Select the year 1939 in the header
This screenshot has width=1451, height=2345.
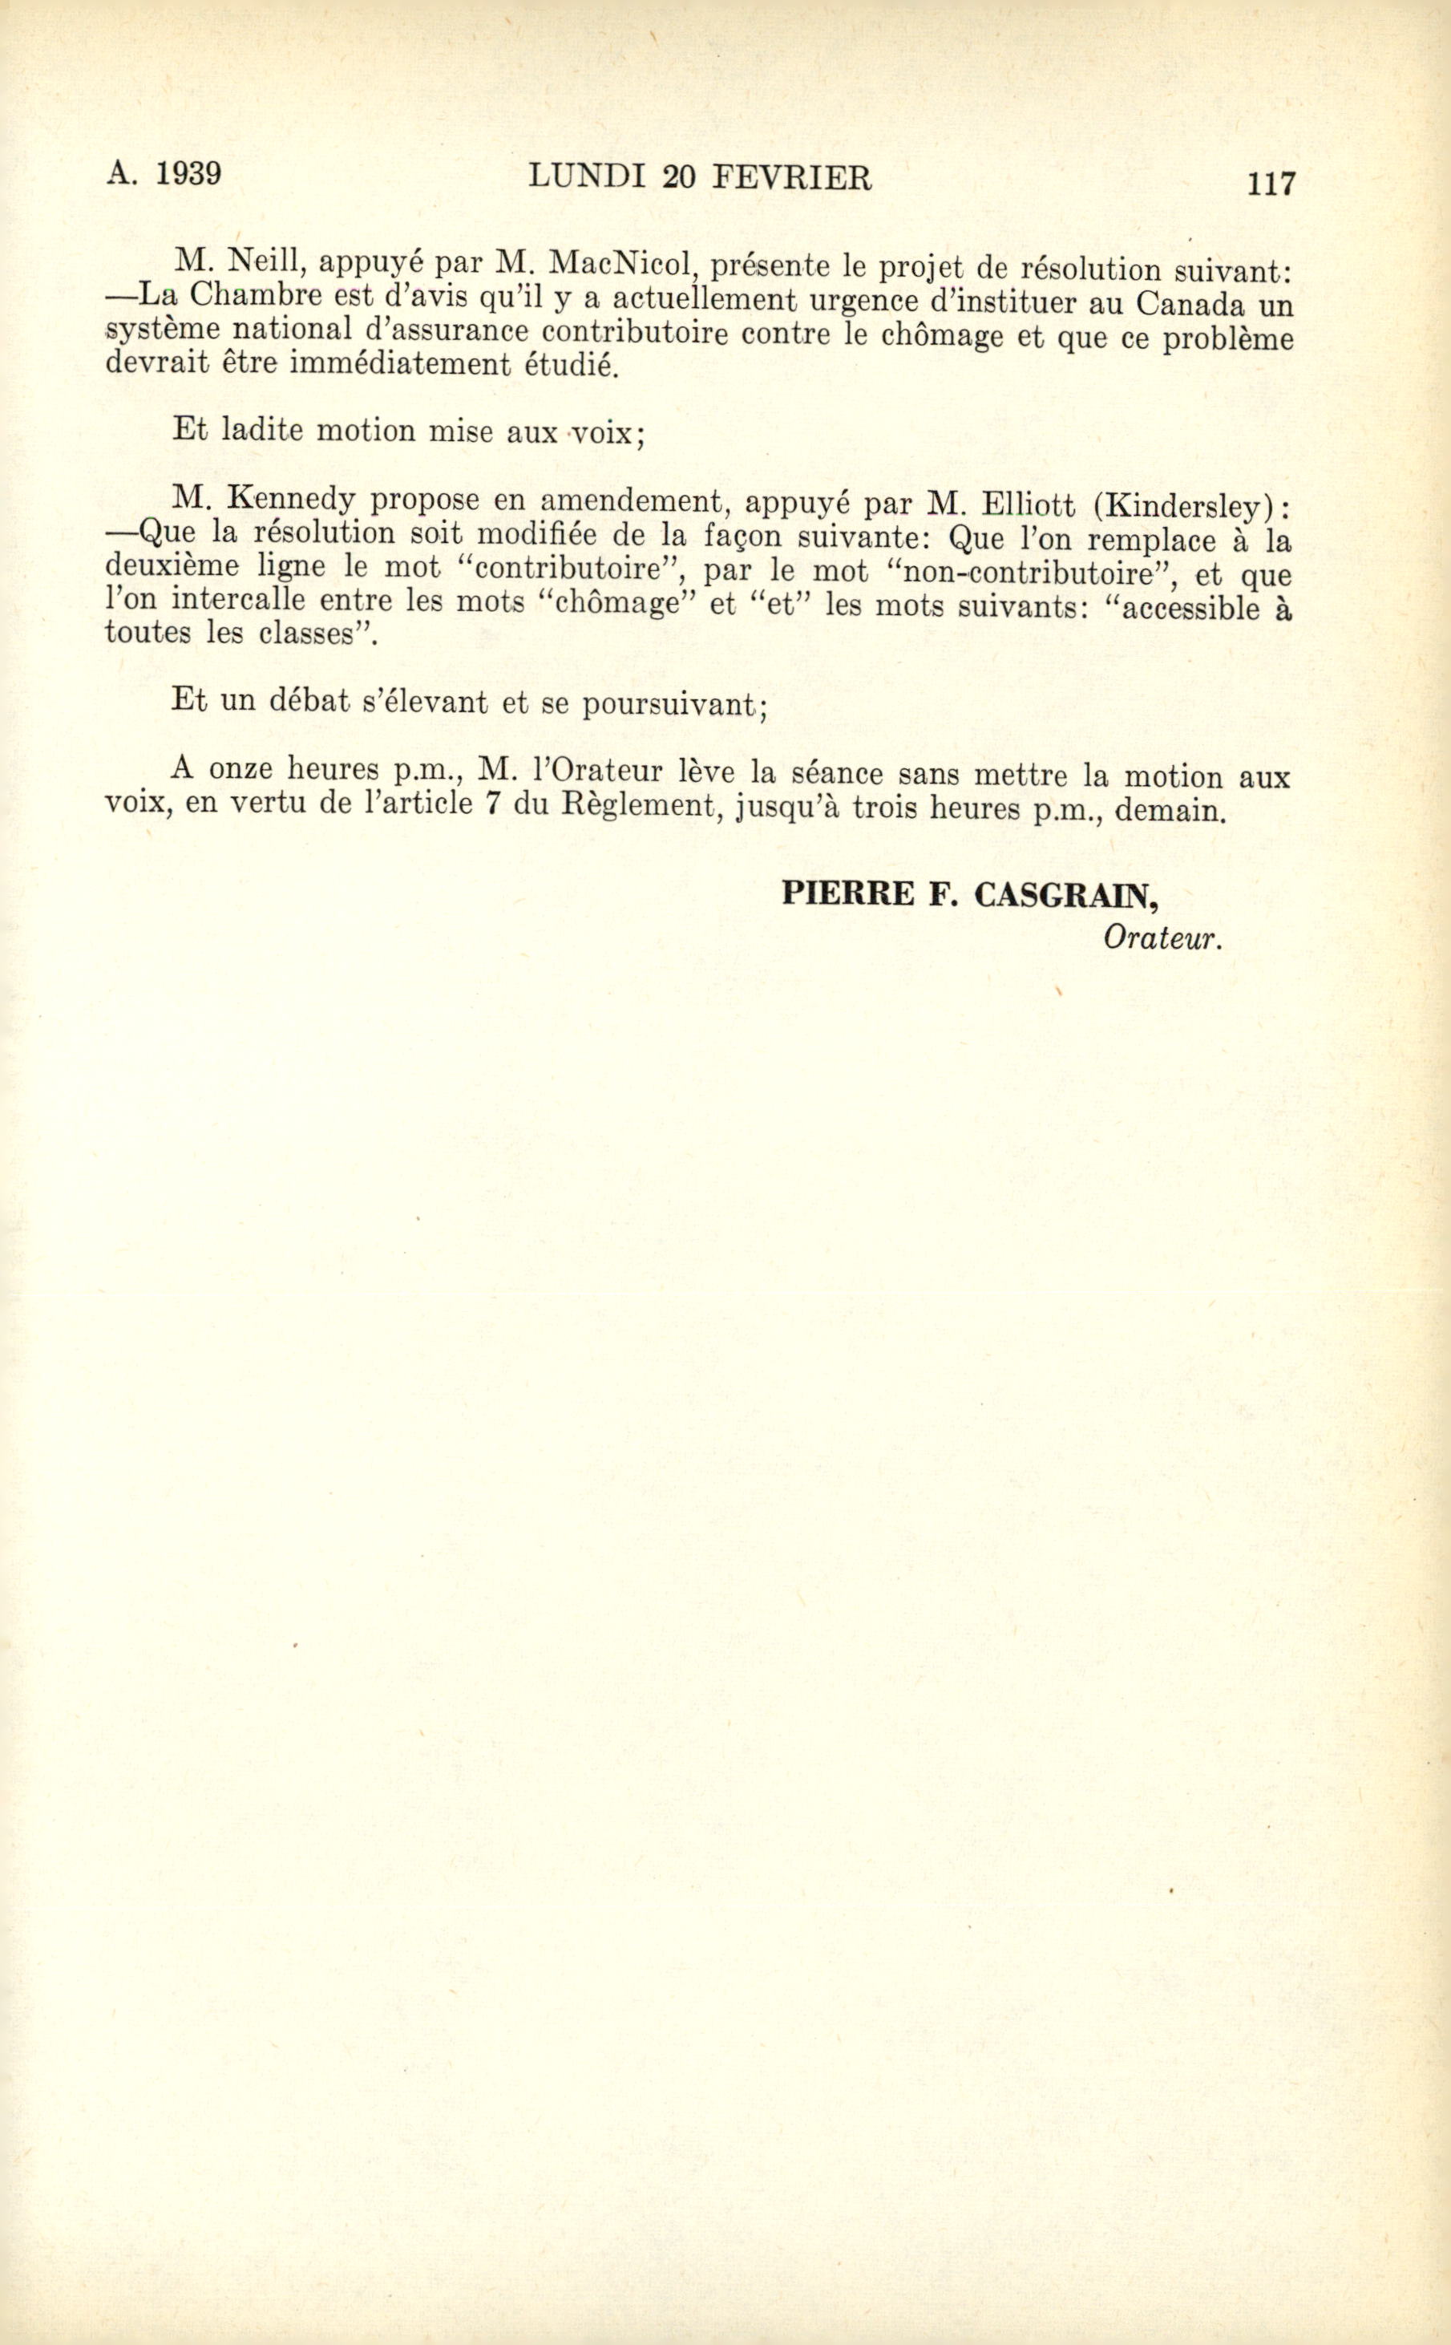click(x=188, y=174)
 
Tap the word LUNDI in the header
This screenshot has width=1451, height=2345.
click(x=588, y=176)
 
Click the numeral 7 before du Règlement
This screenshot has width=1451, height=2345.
click(x=493, y=804)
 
